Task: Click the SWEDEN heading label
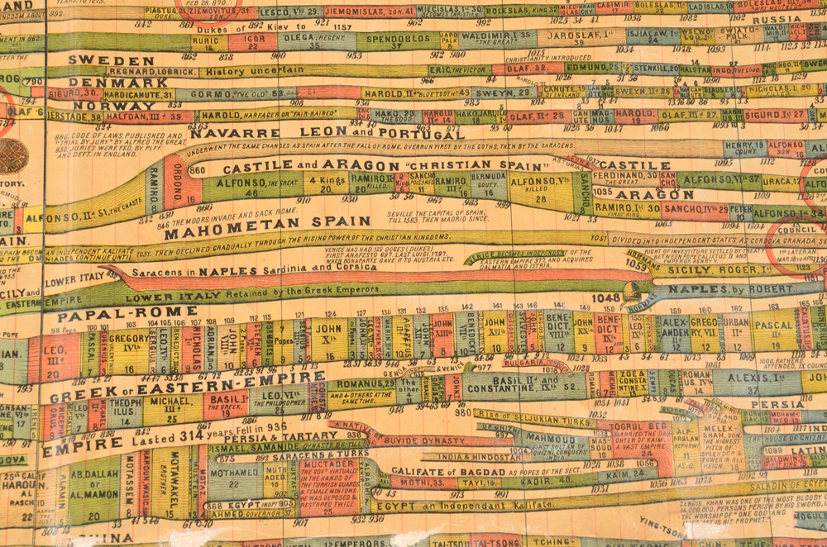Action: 98,59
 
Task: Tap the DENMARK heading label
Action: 107,83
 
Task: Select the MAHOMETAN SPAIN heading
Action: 266,221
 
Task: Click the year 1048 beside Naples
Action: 605,297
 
